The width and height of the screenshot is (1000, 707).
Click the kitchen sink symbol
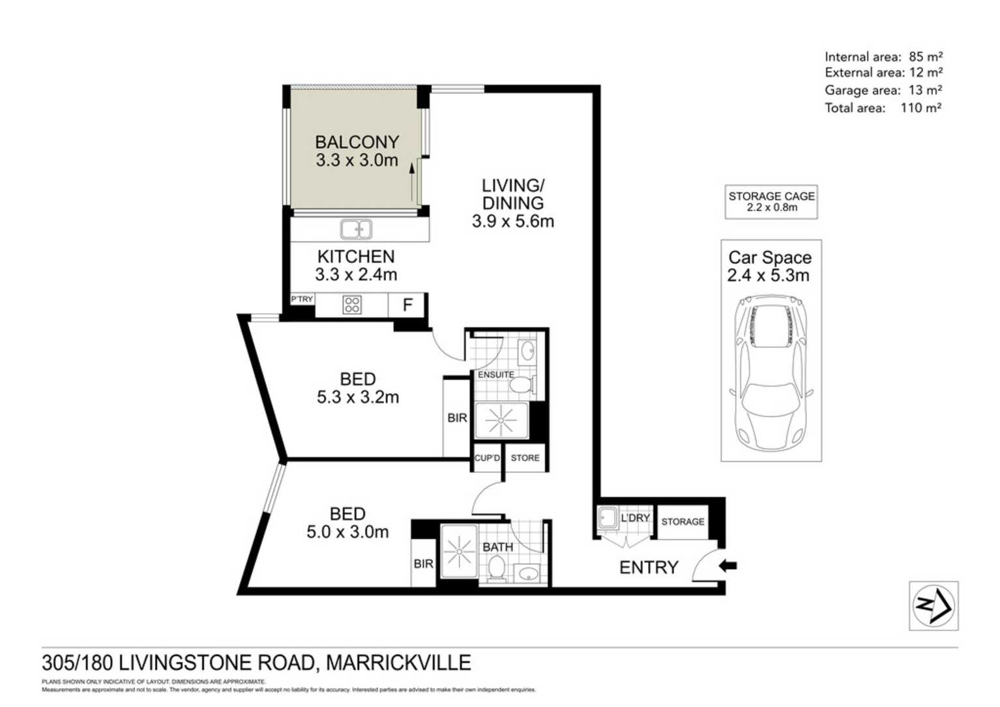click(x=356, y=229)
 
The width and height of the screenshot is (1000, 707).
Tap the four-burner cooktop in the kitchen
click(x=352, y=305)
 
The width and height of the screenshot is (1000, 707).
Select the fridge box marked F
click(x=407, y=305)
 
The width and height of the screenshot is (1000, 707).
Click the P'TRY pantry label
click(x=302, y=299)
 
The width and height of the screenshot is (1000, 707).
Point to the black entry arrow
click(x=728, y=566)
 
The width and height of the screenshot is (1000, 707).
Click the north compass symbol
click(x=934, y=605)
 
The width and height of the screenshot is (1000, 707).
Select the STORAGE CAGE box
click(x=771, y=201)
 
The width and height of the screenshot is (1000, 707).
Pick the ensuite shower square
click(x=500, y=420)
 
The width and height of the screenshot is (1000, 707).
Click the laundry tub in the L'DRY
click(x=608, y=518)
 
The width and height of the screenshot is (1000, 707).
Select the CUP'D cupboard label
click(x=487, y=458)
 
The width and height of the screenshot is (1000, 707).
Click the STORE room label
click(x=525, y=458)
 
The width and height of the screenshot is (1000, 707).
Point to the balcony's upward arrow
click(x=412, y=181)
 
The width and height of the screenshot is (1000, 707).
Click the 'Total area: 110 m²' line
click(x=883, y=108)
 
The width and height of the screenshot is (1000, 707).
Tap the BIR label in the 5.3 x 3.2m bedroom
click(x=457, y=418)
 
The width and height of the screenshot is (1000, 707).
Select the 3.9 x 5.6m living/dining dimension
click(x=513, y=222)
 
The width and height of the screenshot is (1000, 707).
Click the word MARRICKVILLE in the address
click(x=398, y=663)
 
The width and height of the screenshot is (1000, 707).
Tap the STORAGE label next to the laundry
click(x=683, y=522)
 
